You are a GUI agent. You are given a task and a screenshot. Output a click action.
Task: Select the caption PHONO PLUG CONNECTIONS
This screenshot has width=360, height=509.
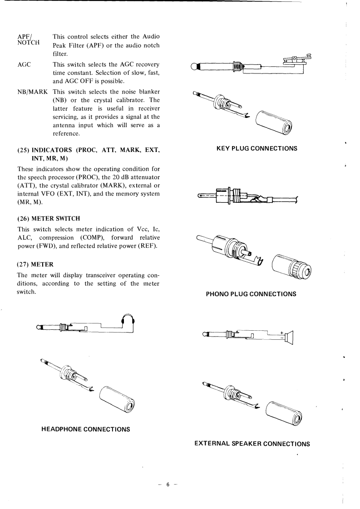[x=251, y=294]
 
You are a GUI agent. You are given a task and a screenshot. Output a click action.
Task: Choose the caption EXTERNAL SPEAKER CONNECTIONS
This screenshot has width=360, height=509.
[x=252, y=443]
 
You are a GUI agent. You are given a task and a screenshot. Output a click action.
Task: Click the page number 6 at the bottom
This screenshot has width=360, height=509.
[x=168, y=485]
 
